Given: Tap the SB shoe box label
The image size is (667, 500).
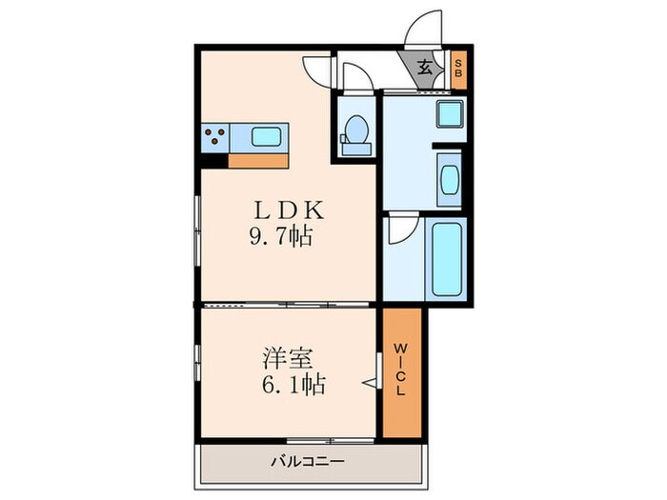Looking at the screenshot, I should pos(458,69).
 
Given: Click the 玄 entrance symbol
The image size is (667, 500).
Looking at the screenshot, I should pos(425,68).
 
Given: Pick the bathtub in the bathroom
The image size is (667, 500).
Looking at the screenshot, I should pos(447,259).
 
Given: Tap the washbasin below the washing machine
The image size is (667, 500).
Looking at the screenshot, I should pos(448,179).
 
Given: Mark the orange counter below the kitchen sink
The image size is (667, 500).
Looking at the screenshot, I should pos(258,160).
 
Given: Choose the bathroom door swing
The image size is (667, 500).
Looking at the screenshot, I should pos(398,230).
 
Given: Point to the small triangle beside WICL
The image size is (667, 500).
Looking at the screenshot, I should pos(367,384).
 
